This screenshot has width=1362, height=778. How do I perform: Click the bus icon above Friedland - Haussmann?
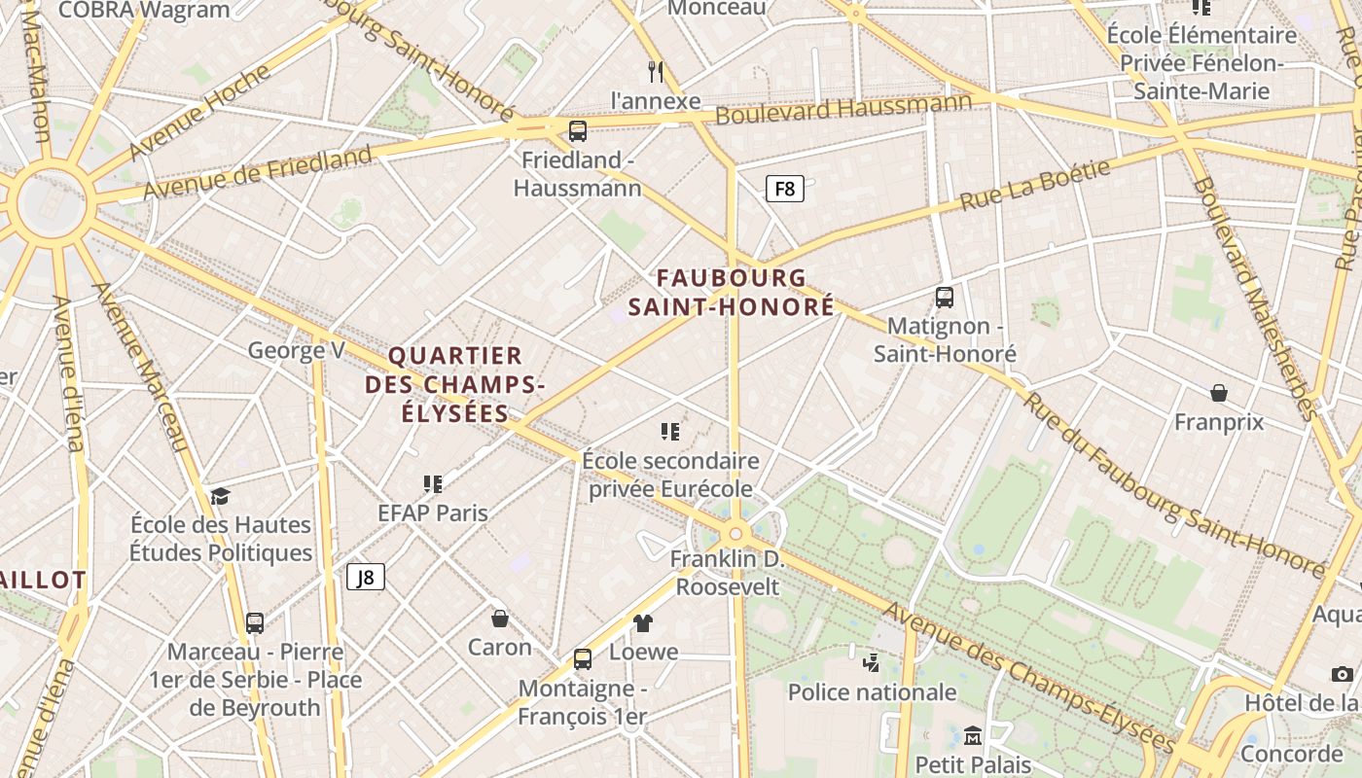click(578, 131)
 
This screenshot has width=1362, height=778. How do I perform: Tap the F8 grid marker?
click(784, 189)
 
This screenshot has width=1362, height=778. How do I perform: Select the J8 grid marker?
click(366, 577)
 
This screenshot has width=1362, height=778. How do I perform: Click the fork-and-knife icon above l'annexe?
click(656, 71)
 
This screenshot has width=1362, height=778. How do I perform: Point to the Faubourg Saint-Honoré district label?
click(731, 292)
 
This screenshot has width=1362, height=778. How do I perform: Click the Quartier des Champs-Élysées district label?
click(455, 384)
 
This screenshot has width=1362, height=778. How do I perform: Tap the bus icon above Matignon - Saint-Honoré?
click(944, 298)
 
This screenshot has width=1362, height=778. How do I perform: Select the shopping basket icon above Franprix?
click(1218, 393)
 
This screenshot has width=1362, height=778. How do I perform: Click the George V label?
click(296, 350)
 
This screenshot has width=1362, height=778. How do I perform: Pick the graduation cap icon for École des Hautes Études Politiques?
click(221, 496)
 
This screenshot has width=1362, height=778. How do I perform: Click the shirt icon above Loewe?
click(643, 623)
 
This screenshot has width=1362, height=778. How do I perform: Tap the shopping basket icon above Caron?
click(499, 619)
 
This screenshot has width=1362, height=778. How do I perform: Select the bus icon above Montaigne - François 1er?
click(582, 659)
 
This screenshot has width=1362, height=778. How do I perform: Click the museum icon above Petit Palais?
click(972, 736)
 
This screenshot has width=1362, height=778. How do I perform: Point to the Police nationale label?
click(872, 692)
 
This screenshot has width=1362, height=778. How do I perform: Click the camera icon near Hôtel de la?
click(1342, 674)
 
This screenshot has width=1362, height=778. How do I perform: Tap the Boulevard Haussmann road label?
click(842, 107)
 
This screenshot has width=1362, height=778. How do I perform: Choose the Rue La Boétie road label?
click(1034, 186)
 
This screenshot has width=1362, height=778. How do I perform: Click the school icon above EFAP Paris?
click(433, 483)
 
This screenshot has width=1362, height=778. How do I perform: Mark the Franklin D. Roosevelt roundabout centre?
click(736, 533)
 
